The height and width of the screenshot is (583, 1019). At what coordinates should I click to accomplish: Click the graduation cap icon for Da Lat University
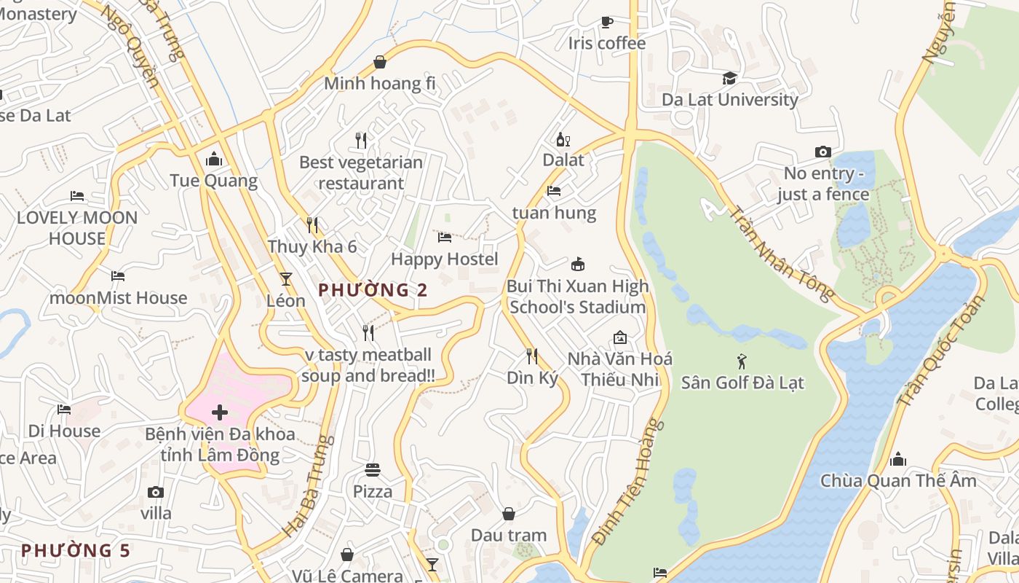(729, 78)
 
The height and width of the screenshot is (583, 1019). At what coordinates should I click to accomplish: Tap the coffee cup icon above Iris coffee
(606, 22)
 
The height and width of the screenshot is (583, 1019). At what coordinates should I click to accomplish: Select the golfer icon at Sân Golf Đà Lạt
(742, 361)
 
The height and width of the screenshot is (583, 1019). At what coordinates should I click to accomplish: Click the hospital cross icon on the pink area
(220, 413)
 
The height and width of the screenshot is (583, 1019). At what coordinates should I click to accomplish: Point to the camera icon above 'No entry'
(822, 152)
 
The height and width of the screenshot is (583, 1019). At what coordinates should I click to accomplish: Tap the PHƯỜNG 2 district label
(373, 290)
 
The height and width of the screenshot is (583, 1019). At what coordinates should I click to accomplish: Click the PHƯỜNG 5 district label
(75, 550)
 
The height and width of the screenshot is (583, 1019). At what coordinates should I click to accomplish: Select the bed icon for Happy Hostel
(445, 238)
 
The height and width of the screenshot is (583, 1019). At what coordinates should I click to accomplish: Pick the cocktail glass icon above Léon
(286, 278)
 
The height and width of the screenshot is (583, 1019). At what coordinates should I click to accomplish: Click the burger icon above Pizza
(373, 470)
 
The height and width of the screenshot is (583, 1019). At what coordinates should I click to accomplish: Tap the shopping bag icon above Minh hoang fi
(379, 63)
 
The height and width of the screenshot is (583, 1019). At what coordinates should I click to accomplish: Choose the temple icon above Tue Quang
(214, 159)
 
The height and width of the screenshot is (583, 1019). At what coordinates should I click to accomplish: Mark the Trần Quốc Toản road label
(941, 351)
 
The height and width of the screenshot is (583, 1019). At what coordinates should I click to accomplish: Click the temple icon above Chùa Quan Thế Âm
(898, 459)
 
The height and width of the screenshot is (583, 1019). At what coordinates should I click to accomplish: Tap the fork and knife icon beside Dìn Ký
(532, 356)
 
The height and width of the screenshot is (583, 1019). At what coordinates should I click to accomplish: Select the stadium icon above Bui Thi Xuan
(578, 264)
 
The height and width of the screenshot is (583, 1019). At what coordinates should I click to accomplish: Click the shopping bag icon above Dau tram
(509, 514)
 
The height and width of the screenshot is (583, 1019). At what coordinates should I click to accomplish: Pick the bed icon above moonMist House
(118, 276)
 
